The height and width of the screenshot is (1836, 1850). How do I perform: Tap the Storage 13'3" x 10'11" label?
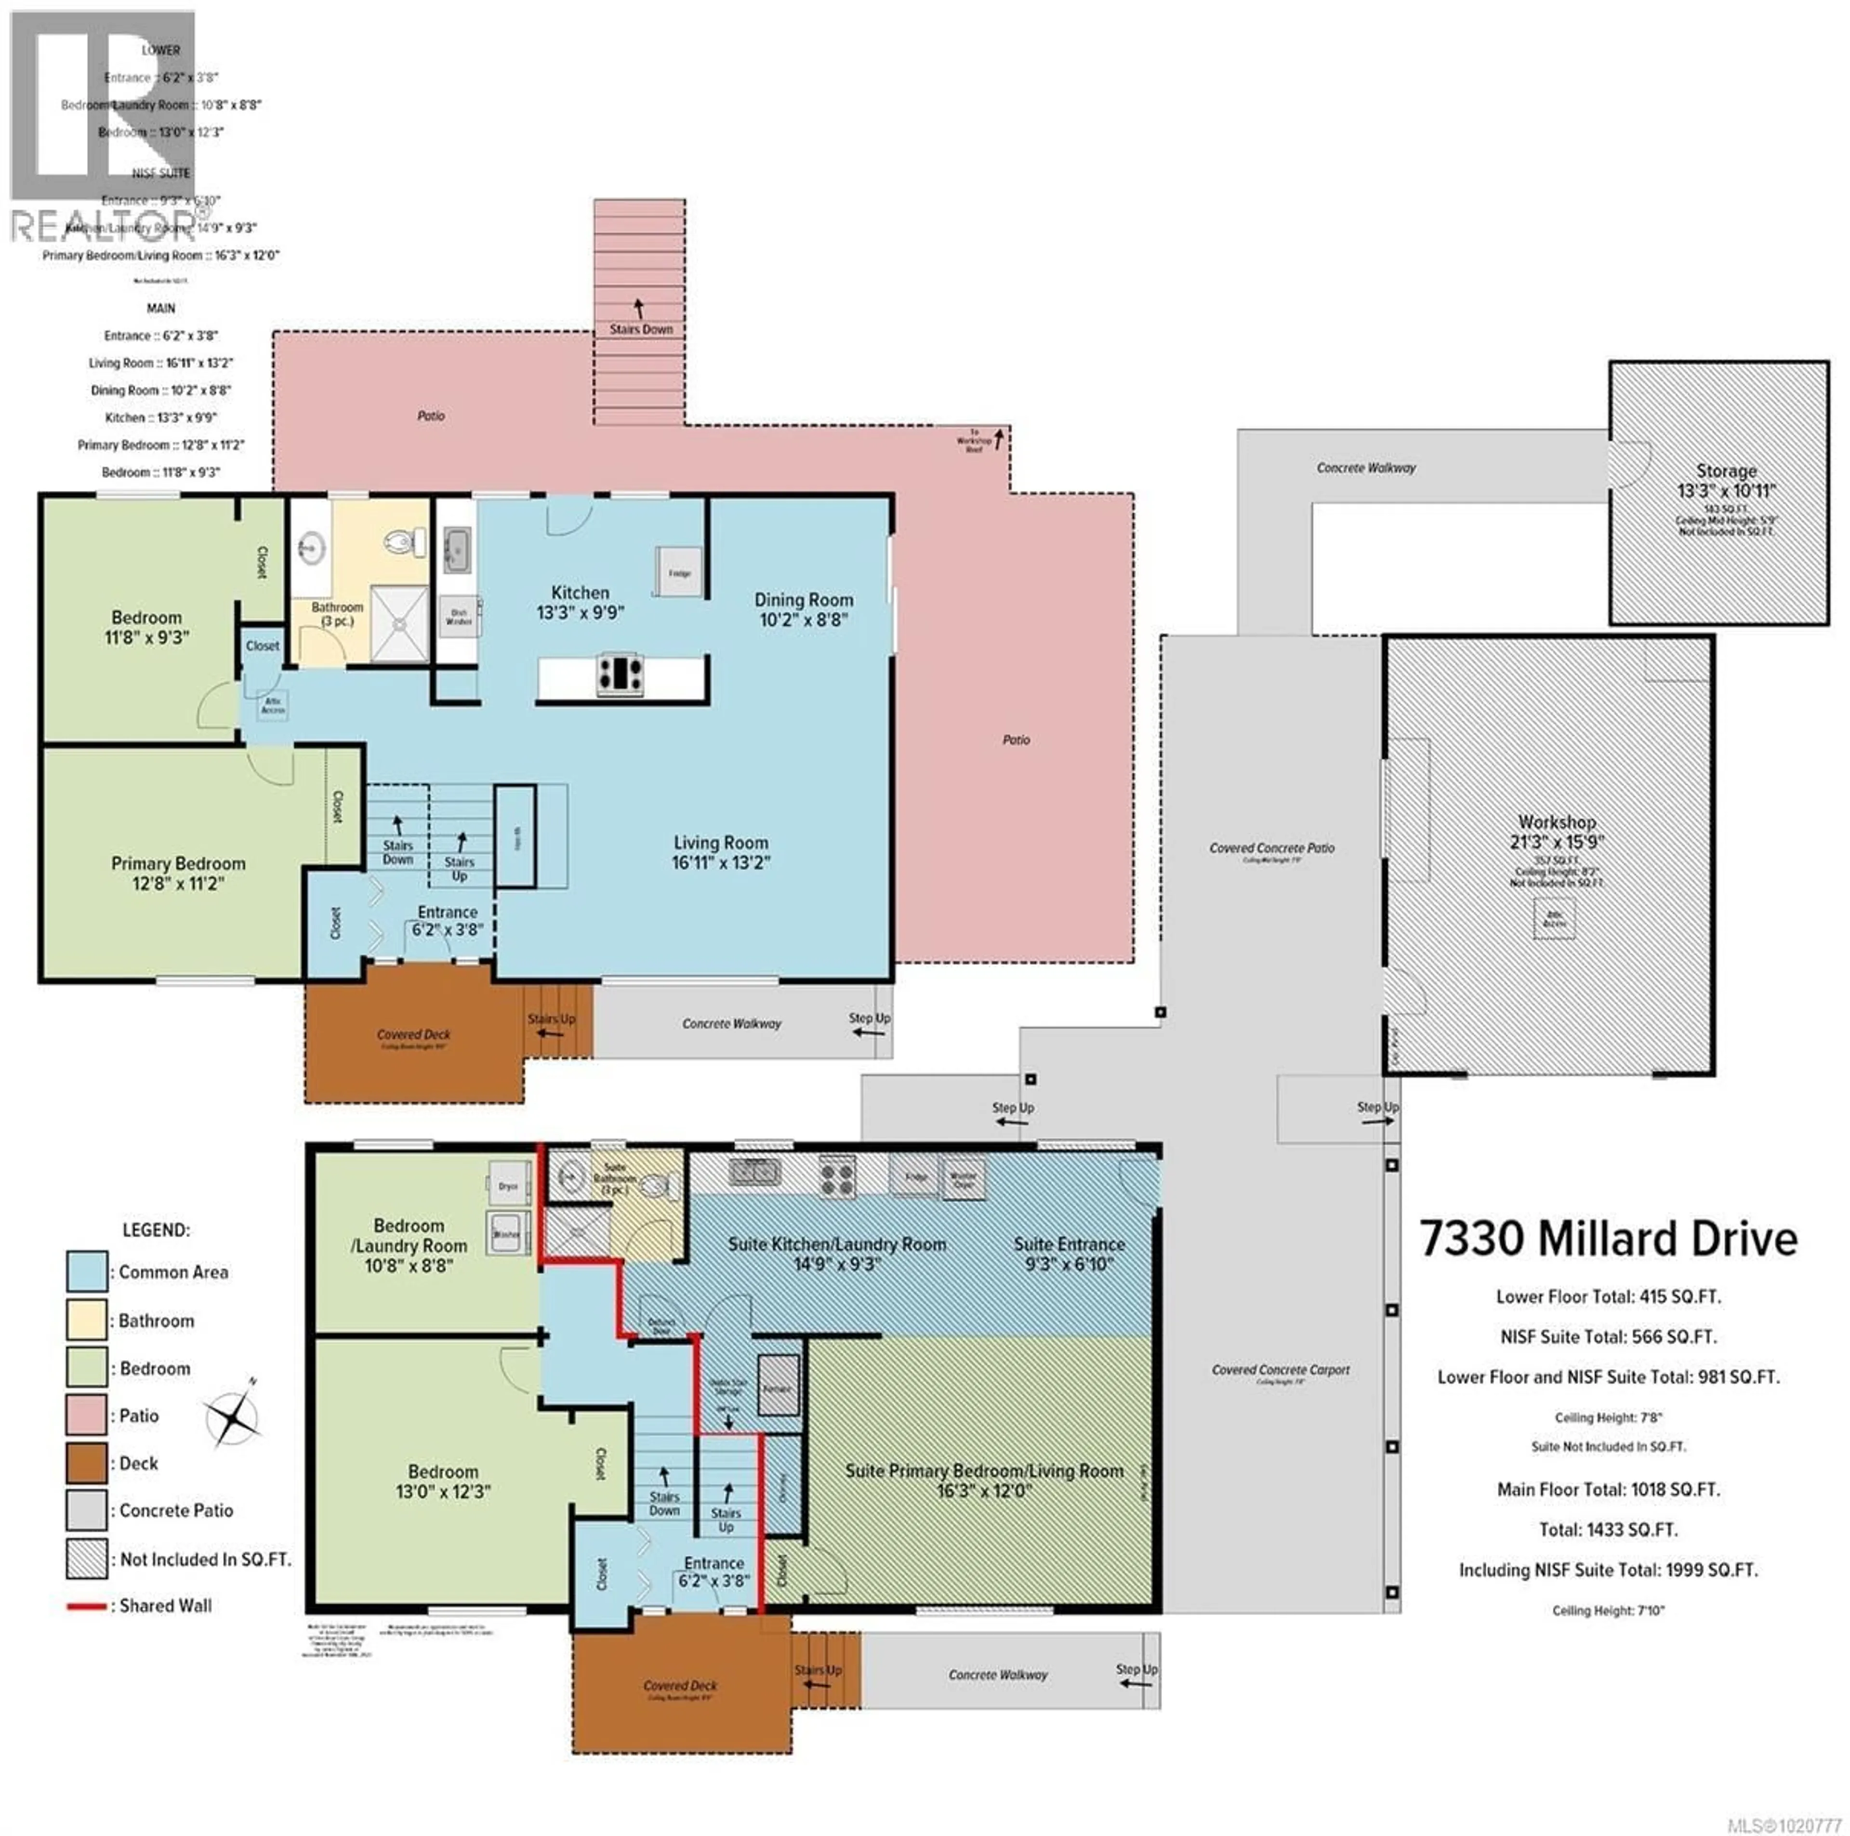point(1726,481)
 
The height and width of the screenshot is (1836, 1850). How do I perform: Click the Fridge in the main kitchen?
point(679,572)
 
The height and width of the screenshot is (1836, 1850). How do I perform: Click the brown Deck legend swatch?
point(86,1463)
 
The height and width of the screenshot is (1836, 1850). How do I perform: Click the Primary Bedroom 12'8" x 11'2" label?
point(178,872)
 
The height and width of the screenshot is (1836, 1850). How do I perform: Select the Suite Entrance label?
point(1069,1253)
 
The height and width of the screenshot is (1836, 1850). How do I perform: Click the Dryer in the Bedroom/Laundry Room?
point(507,1186)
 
